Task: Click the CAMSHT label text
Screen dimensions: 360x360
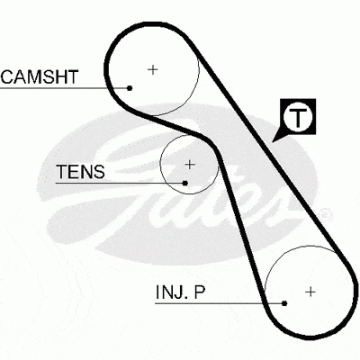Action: pyautogui.click(x=40, y=76)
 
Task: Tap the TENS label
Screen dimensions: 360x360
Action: pyautogui.click(x=80, y=172)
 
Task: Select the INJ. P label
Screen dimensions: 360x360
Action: pyautogui.click(x=180, y=292)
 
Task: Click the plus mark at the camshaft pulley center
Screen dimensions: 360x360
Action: pyautogui.click(x=153, y=70)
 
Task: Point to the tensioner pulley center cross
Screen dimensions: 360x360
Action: pyautogui.click(x=190, y=165)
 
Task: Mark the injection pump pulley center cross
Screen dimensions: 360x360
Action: pyautogui.click(x=310, y=292)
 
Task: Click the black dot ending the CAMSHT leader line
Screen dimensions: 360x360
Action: pyautogui.click(x=130, y=88)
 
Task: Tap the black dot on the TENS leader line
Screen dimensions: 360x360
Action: pyautogui.click(x=185, y=183)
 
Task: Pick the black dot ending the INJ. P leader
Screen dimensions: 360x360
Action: pyautogui.click(x=284, y=303)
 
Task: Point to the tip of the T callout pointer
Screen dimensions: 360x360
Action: pyautogui.click(x=273, y=141)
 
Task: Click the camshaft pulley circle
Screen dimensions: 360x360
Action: pyautogui.click(x=199, y=70)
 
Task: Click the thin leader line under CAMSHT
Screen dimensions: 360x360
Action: pyautogui.click(x=65, y=88)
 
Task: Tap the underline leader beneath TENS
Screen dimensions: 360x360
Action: pyautogui.click(x=121, y=183)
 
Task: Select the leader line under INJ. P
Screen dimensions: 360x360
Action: pyautogui.click(x=220, y=303)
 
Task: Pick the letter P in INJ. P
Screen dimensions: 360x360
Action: pyautogui.click(x=200, y=292)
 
